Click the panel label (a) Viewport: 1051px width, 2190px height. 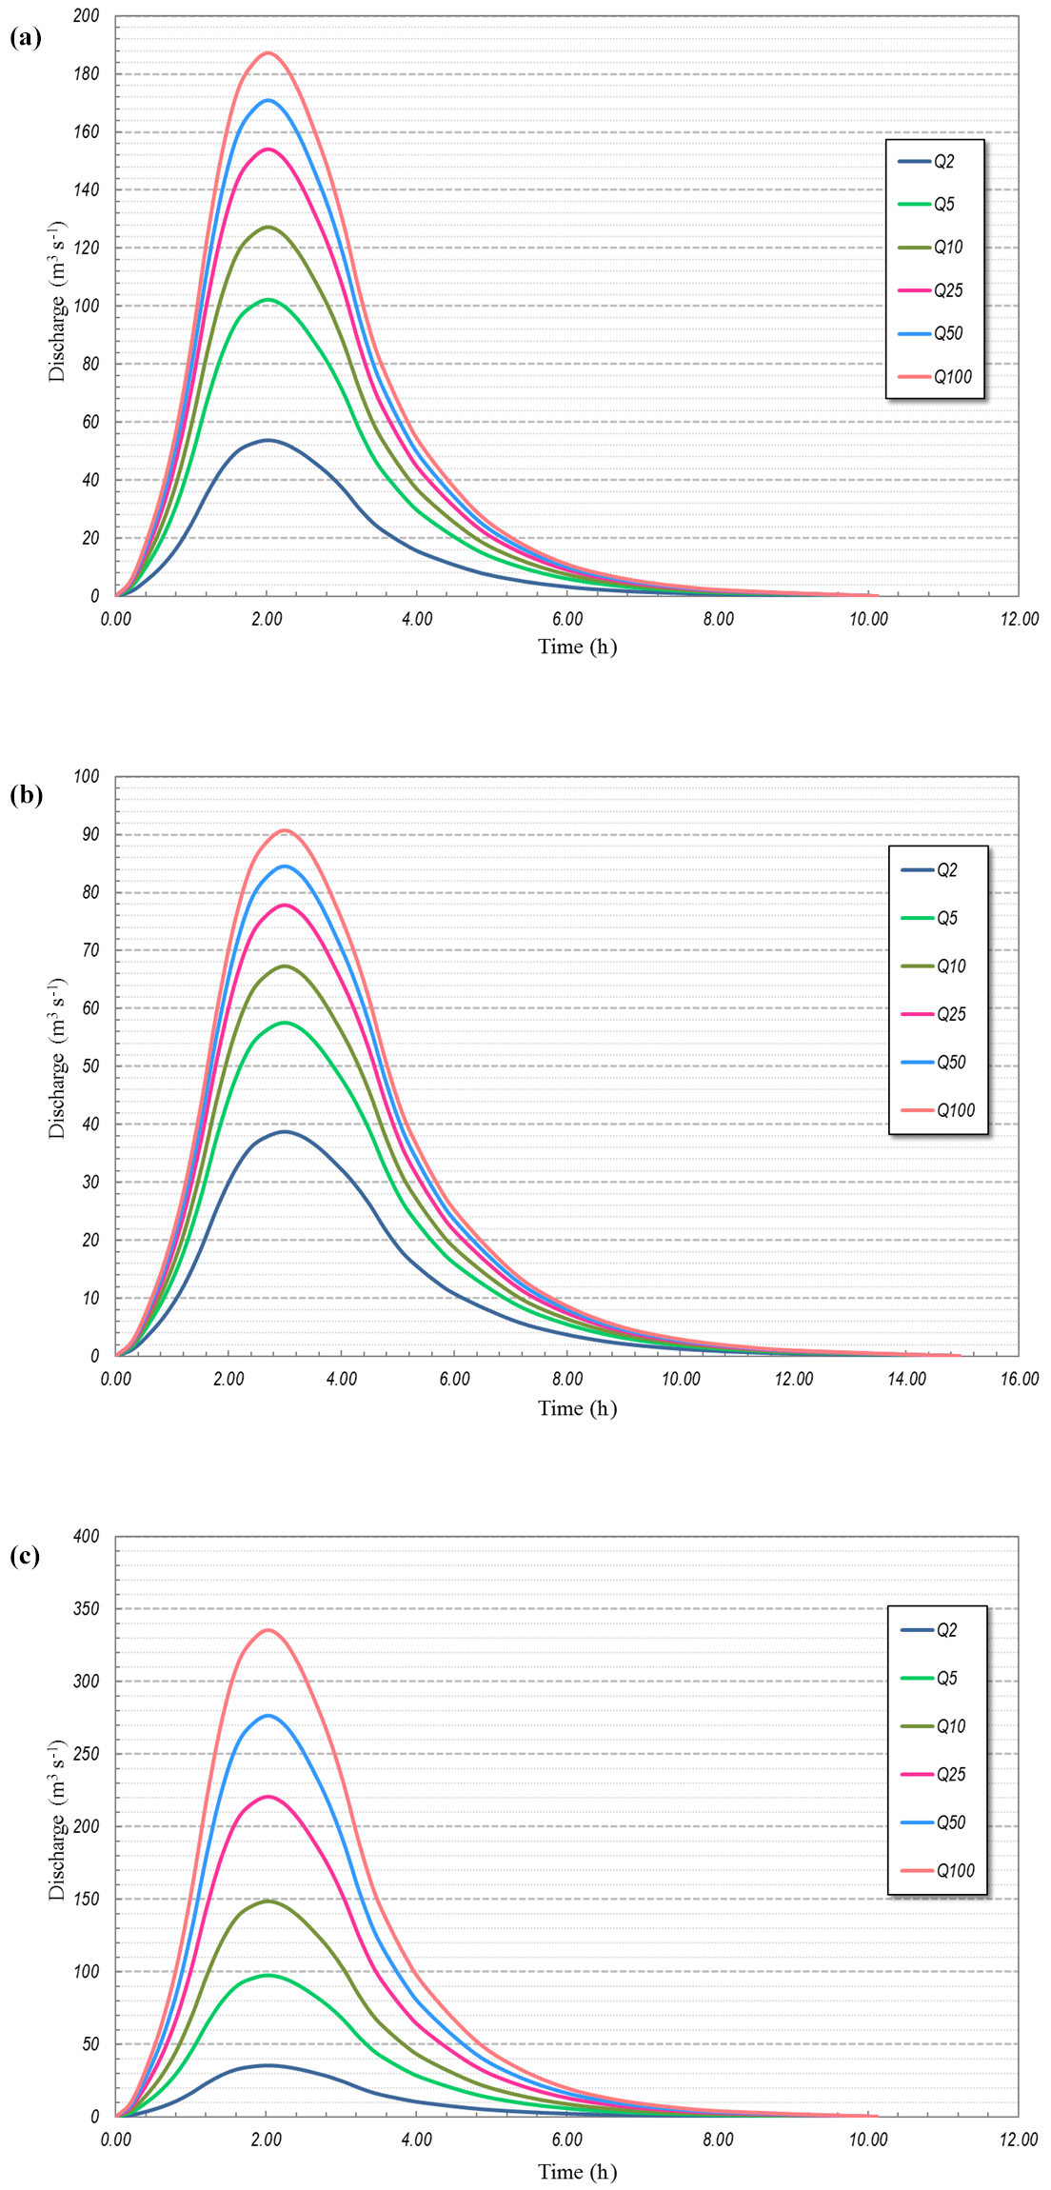26,37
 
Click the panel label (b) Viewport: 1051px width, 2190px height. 26,795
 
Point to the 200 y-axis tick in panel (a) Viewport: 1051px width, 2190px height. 86,16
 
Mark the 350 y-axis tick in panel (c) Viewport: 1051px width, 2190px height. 86,1609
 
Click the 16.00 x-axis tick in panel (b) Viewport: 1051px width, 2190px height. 1019,1380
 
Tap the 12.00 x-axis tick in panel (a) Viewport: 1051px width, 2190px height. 1019,620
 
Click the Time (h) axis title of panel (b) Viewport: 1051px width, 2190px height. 577,1408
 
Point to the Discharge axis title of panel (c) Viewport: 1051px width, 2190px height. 57,1821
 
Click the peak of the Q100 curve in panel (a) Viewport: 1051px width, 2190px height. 268,52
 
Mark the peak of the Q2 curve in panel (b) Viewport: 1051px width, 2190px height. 285,1131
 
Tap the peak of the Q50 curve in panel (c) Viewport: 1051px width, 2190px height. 268,1716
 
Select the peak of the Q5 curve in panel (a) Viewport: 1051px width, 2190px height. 268,300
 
